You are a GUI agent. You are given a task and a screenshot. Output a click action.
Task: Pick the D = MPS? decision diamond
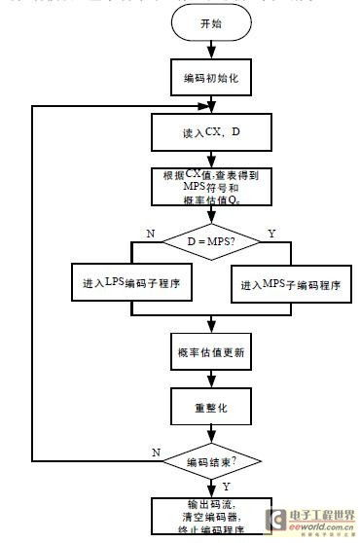tap(205, 237)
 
